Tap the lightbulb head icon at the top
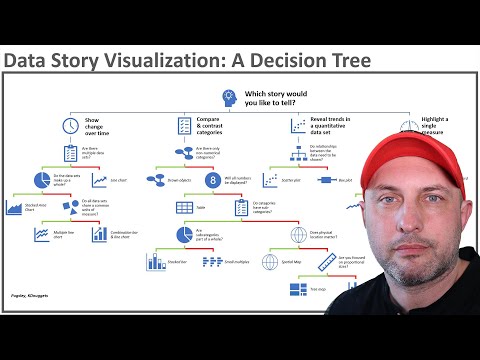point(229,96)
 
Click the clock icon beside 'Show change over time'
point(70,126)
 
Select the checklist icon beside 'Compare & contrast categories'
point(185,126)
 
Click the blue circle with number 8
point(212,180)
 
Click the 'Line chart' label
point(118,180)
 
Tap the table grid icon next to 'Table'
point(185,207)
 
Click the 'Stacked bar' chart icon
point(157,262)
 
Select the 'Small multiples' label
point(240,262)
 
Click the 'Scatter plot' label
point(291,180)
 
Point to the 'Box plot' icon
point(325,180)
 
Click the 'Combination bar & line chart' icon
point(99,234)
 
